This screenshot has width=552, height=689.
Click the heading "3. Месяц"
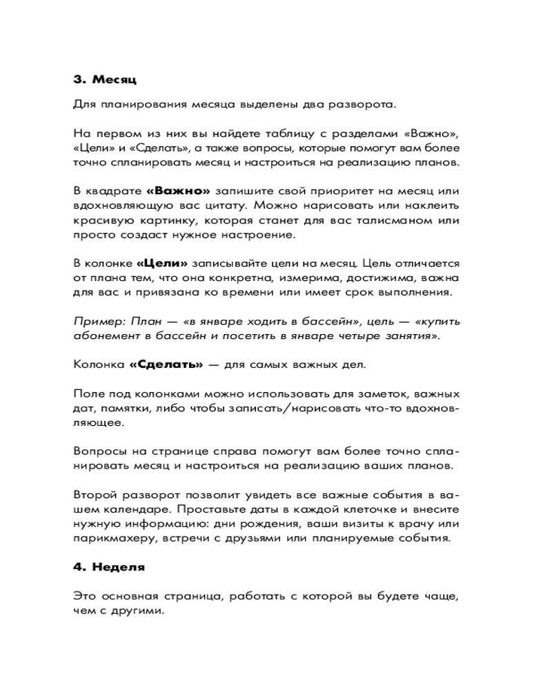(105, 79)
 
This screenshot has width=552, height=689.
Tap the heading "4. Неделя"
(109, 568)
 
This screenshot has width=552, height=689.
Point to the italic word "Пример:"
(95, 321)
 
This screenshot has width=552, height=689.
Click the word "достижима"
(377, 278)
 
